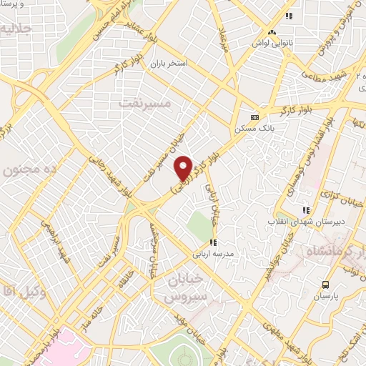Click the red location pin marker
pyautogui.click(x=184, y=168)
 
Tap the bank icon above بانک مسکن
pyautogui.click(x=254, y=117)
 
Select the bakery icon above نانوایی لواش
pyautogui.click(x=271, y=32)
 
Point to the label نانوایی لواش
pyautogui.click(x=271, y=44)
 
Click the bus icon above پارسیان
pyautogui.click(x=325, y=284)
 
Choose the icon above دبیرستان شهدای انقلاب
pyautogui.click(x=306, y=210)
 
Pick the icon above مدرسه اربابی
pyautogui.click(x=212, y=242)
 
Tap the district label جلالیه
pyautogui.click(x=16, y=30)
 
